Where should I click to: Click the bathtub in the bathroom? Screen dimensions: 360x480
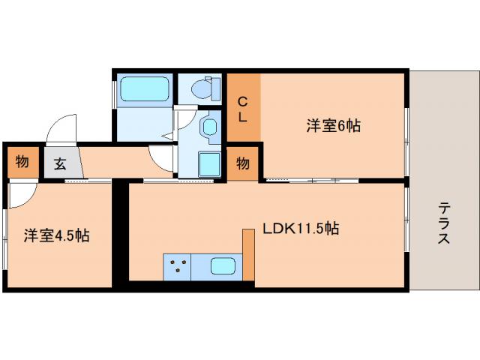pyautogui.click(x=143, y=90)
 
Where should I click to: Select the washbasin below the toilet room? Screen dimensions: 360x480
pyautogui.click(x=209, y=127)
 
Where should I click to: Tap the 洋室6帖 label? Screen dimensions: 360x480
pyautogui.click(x=334, y=126)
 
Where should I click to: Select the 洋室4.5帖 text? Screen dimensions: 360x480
pyautogui.click(x=56, y=235)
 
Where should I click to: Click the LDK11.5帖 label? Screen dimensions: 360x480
pyautogui.click(x=300, y=228)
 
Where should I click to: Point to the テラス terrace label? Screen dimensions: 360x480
pyautogui.click(x=445, y=223)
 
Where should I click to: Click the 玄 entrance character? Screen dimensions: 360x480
pyautogui.click(x=58, y=163)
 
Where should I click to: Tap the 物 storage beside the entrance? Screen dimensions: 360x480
pyautogui.click(x=22, y=161)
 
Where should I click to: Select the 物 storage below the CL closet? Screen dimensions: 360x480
pyautogui.click(x=243, y=163)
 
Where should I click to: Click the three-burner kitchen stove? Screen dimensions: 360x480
pyautogui.click(x=178, y=266)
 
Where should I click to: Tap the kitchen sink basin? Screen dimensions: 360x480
pyautogui.click(x=223, y=266)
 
